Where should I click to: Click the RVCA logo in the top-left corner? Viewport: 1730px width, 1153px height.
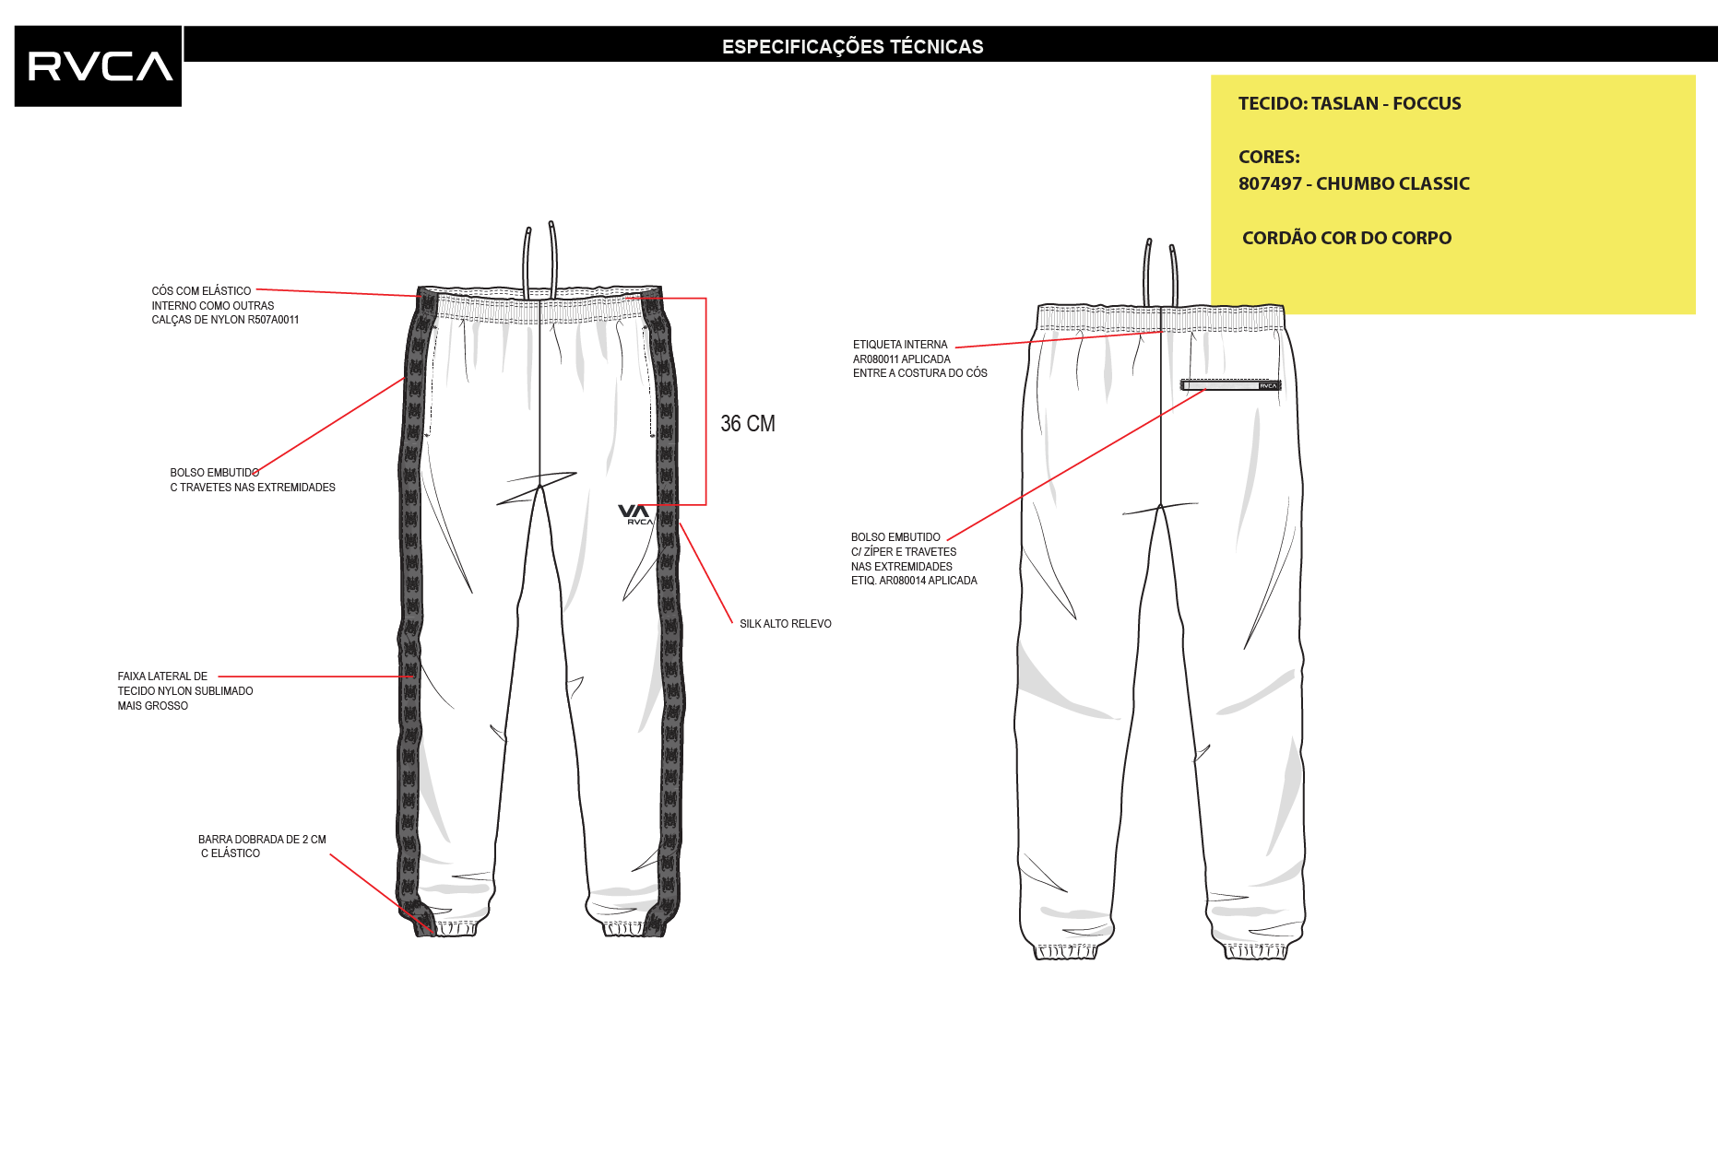[x=98, y=66]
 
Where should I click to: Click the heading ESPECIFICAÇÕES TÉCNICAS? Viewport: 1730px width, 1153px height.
[x=852, y=47]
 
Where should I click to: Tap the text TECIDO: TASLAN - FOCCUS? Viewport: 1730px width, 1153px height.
[x=1349, y=103]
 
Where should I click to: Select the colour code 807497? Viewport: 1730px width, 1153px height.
[x=1270, y=183]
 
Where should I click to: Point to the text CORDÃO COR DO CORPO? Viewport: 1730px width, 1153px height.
[x=1346, y=238]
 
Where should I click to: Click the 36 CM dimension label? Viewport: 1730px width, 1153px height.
[x=748, y=424]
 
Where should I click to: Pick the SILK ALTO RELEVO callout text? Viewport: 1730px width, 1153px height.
[x=786, y=624]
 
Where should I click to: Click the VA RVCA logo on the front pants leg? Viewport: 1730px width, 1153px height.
[x=635, y=514]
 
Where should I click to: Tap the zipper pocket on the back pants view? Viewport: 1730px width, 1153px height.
[x=1230, y=385]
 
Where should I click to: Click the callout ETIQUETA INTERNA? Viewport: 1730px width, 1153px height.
[x=900, y=345]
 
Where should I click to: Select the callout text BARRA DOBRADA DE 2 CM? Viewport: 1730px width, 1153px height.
[x=262, y=840]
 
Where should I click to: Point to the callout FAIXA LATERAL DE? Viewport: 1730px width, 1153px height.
[x=162, y=677]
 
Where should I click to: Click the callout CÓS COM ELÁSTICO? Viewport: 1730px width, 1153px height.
[x=201, y=291]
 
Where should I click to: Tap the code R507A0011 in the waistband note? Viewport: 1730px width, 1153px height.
[x=273, y=321]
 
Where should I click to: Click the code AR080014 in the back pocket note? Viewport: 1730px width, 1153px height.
[x=902, y=581]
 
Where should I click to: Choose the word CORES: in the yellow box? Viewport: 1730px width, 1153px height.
[x=1269, y=157]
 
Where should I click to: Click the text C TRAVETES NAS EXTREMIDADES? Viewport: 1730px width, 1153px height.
[x=253, y=488]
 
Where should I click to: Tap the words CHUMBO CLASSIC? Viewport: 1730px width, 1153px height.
[x=1392, y=183]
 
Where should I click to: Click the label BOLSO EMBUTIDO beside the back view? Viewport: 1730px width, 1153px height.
[x=895, y=537]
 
